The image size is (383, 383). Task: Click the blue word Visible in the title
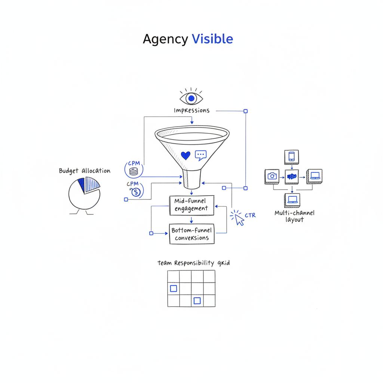click(212, 39)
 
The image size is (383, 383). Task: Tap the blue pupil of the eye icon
click(191, 98)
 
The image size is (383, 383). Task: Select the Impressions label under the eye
click(191, 111)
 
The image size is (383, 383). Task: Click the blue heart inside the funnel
click(186, 155)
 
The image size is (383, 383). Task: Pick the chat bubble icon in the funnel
click(201, 155)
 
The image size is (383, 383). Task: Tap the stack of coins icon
click(134, 173)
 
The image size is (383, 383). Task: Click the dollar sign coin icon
click(136, 192)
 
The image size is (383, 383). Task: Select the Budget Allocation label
click(85, 171)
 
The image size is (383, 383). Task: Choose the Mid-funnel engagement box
click(191, 205)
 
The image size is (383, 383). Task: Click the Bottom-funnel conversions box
click(191, 234)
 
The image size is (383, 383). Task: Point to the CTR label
click(250, 215)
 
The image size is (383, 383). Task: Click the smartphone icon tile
click(291, 156)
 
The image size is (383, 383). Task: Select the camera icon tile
click(272, 176)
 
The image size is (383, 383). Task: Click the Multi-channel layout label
click(294, 216)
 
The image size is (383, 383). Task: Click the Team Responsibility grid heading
click(193, 263)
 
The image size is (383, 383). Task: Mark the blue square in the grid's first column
click(174, 288)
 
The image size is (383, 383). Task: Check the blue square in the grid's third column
click(197, 300)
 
